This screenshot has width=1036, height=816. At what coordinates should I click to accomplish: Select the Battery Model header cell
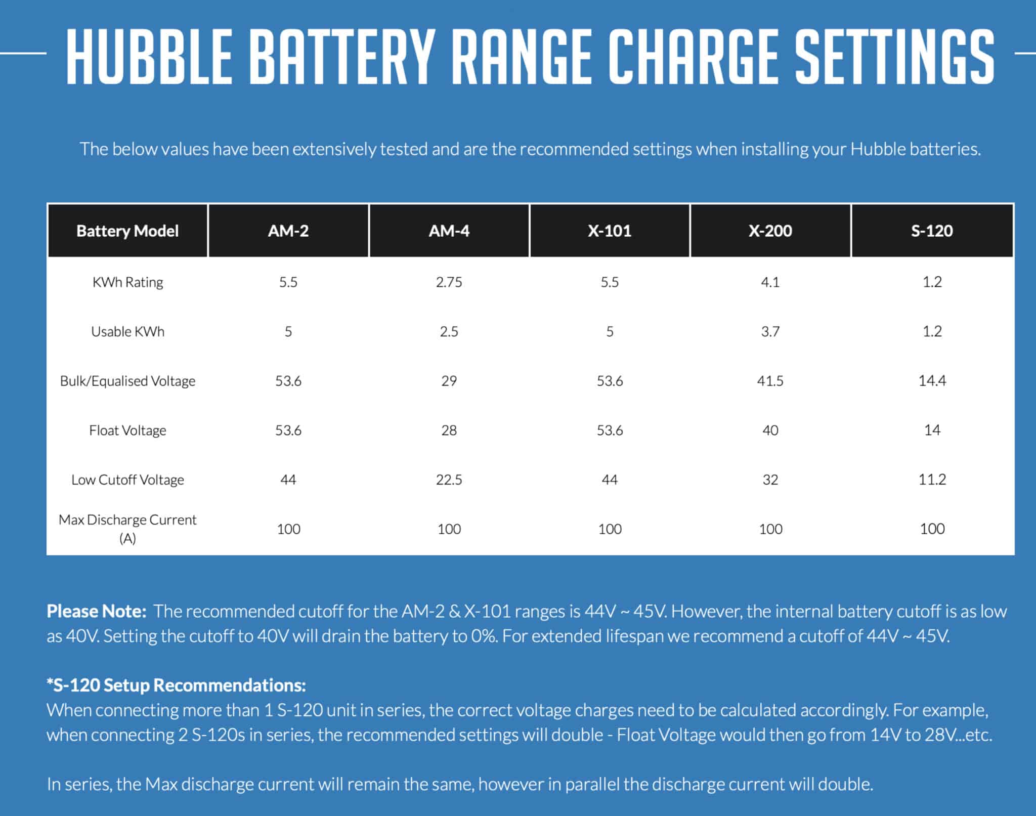(127, 231)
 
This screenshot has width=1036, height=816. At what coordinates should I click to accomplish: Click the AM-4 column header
(449, 231)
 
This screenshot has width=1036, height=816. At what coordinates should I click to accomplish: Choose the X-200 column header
(770, 231)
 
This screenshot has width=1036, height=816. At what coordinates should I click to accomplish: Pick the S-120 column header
(932, 231)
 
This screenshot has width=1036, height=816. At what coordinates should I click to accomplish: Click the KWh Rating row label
(127, 282)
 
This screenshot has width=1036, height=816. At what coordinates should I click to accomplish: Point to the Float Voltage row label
(127, 431)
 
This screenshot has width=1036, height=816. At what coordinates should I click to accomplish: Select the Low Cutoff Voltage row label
(127, 480)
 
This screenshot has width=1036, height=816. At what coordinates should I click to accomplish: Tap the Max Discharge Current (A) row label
(127, 529)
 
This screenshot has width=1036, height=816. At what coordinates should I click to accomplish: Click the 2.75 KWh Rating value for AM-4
(449, 282)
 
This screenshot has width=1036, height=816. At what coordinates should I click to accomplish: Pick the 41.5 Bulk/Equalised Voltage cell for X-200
(770, 381)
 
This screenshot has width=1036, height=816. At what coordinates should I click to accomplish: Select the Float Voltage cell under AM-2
(288, 431)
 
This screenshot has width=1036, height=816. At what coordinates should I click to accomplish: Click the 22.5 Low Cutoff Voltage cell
(449, 480)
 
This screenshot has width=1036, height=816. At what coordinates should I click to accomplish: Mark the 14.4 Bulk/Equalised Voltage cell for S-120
(932, 381)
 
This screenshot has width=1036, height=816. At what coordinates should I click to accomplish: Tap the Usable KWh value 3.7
(770, 332)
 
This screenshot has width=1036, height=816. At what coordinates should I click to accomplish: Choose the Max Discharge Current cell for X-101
(610, 529)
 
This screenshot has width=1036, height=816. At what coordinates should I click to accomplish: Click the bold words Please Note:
(97, 612)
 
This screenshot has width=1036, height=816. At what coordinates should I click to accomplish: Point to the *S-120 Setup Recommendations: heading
(176, 685)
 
